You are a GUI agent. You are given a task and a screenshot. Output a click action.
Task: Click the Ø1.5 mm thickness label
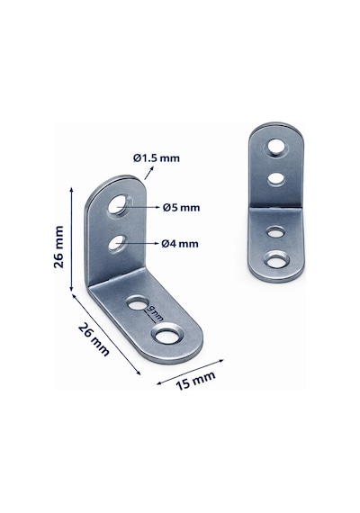[157, 158]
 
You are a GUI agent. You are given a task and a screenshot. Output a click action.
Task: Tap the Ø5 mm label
[181, 207]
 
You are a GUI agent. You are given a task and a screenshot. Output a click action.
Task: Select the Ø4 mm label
[180, 244]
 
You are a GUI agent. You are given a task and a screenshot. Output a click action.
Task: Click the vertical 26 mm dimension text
[58, 247]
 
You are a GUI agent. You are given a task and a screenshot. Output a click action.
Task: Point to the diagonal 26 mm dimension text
[94, 339]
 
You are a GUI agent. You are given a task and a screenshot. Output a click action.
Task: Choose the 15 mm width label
[195, 381]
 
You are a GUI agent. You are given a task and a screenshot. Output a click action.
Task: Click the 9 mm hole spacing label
[155, 313]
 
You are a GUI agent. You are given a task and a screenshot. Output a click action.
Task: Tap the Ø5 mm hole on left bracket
[118, 204]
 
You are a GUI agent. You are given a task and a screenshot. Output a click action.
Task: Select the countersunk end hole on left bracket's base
[167, 334]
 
